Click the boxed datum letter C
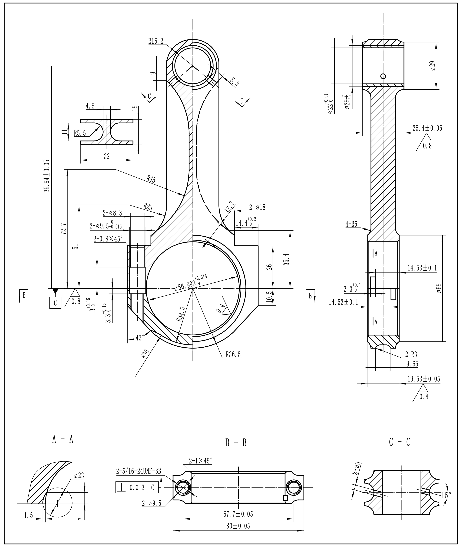point(55,303)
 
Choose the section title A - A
point(63,439)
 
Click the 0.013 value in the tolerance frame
point(137,487)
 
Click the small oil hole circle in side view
point(383,76)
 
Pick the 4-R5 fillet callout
point(351,224)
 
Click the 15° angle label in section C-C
point(446,495)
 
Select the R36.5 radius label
point(233,354)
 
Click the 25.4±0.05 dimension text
point(427,128)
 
